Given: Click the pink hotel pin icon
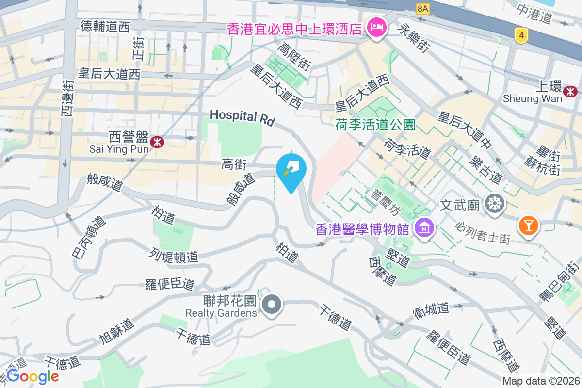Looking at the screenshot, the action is point(377,28).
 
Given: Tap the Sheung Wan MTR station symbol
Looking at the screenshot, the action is point(570,90).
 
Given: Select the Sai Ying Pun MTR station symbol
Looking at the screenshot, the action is point(157,142).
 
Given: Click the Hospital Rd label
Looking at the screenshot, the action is point(242,116).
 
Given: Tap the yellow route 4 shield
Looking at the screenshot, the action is point(521,35).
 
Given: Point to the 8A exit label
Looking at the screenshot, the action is point(423,9).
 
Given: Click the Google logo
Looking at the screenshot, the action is point(32,376).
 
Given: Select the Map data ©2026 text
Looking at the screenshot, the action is point(541,381).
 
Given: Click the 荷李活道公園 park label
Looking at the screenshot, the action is point(375,125).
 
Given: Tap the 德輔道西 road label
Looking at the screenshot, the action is point(105,27).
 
